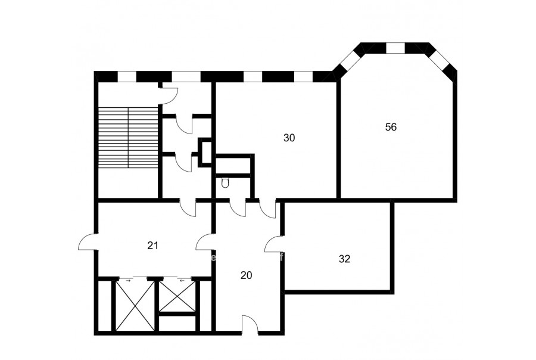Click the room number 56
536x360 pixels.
click(391, 127)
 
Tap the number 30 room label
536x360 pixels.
click(289, 138)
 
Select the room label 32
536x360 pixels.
click(345, 259)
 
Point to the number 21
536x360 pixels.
click(153, 246)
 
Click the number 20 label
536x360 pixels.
click(246, 275)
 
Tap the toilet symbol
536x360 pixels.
click(225, 183)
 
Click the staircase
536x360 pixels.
click(128, 137)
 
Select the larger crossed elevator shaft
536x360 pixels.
click(135, 305)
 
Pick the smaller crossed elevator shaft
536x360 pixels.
click(177, 296)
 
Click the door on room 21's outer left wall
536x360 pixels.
click(88, 241)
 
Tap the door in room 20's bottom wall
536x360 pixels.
click(250, 324)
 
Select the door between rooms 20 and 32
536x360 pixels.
click(273, 244)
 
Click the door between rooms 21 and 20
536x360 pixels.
click(205, 242)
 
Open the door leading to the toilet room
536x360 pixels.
click(238, 207)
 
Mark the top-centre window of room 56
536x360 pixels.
click(395, 48)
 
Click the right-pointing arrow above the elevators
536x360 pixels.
click(128, 280)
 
